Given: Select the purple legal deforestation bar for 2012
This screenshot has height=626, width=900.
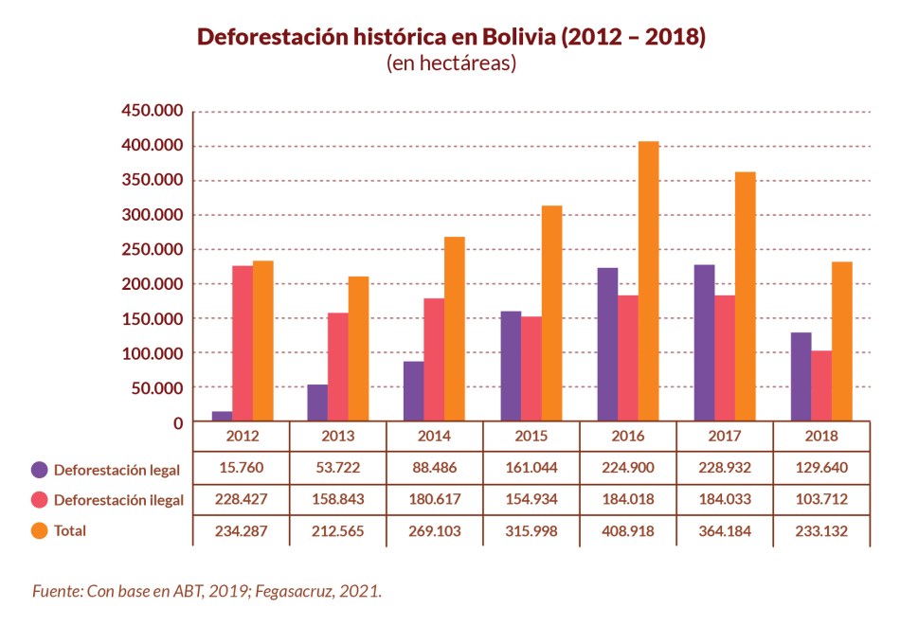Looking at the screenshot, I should coord(222,417).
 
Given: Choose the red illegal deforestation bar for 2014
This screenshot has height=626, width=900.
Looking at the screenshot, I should coord(434,360).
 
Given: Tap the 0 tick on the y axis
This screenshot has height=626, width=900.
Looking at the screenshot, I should coord(177,422).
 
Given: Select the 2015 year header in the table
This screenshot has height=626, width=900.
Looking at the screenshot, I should coord(531,437).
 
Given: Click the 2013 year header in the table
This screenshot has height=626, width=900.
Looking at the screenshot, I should coord(338,437).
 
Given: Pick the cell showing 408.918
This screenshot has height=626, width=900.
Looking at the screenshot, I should coord(628,530).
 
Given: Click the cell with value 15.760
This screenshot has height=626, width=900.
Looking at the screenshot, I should coord(242,468).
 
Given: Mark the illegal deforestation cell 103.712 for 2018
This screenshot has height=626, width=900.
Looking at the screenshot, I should coord(821,499).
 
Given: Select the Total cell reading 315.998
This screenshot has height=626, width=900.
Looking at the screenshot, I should coord(531,530).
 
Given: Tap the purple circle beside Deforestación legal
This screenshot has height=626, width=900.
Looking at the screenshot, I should coord(40,469).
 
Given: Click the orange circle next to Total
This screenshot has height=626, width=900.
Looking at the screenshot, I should coord(40,530).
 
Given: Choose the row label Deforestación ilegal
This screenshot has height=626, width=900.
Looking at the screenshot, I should coord(117,499).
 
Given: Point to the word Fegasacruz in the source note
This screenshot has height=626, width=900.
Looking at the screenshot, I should coord(284,591).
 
